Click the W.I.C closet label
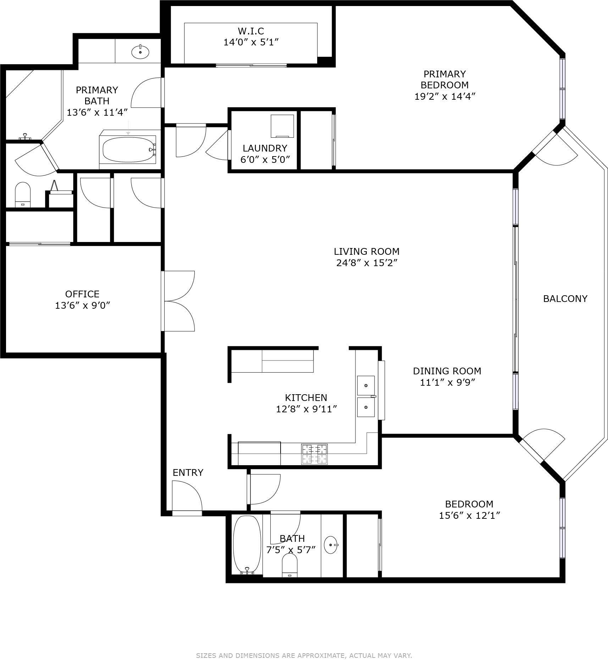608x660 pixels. pos(251,31)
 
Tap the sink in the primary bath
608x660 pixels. pos(140,52)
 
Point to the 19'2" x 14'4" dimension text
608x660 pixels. pos(444,96)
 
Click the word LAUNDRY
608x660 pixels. pos(265,148)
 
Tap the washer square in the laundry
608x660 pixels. pos(282,126)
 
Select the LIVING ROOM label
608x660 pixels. pos(366,252)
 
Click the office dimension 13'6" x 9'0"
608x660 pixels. pos(83,305)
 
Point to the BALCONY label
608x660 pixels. pos(565,298)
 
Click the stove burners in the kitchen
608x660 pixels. pos(314,454)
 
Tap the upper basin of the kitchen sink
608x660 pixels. pos(366,385)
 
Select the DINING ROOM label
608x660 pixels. pos(447,371)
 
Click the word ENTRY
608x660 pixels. pos(188,473)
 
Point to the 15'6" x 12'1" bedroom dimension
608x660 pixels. pos(469,516)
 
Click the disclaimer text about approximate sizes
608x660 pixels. pos(304,645)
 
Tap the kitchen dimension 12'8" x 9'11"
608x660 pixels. pos(306,409)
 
